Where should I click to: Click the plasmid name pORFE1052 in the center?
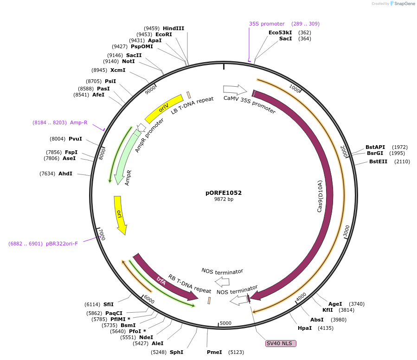point(224,193)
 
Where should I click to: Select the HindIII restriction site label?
point(173,28)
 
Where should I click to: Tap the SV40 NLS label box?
point(280,343)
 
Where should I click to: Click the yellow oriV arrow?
point(164,109)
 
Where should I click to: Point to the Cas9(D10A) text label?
point(320,196)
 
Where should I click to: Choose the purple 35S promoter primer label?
point(267,24)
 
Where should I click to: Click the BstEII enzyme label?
point(378,161)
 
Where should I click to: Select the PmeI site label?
point(214,352)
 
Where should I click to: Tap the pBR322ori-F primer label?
point(62,244)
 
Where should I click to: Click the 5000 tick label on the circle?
point(225,323)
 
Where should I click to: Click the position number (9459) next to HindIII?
point(151,28)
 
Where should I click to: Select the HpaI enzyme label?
point(305,328)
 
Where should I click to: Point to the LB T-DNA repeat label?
point(192,106)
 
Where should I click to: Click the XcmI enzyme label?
point(118,70)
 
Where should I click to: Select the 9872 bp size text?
point(224,199)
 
